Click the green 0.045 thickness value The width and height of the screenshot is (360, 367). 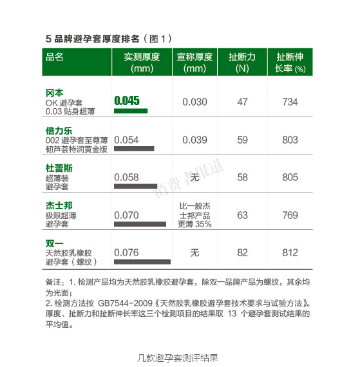pyautogui.click(x=127, y=100)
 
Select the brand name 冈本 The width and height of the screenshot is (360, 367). pyautogui.click(x=54, y=92)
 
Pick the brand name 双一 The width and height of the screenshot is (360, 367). pyautogui.click(x=54, y=243)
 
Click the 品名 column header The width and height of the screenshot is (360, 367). pyautogui.click(x=55, y=57)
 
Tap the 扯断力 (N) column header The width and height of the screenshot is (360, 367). pyautogui.click(x=242, y=62)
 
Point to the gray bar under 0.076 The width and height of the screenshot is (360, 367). pyautogui.click(x=142, y=262)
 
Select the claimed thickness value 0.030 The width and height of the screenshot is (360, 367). pyautogui.click(x=195, y=102)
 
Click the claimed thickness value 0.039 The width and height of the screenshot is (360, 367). pyautogui.click(x=195, y=139)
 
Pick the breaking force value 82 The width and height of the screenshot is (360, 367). pyautogui.click(x=242, y=252)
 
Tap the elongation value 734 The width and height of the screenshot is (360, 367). pyautogui.click(x=290, y=102)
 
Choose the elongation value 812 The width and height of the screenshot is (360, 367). pyautogui.click(x=290, y=252)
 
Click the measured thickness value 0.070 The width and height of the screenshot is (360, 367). pyautogui.click(x=126, y=215)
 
